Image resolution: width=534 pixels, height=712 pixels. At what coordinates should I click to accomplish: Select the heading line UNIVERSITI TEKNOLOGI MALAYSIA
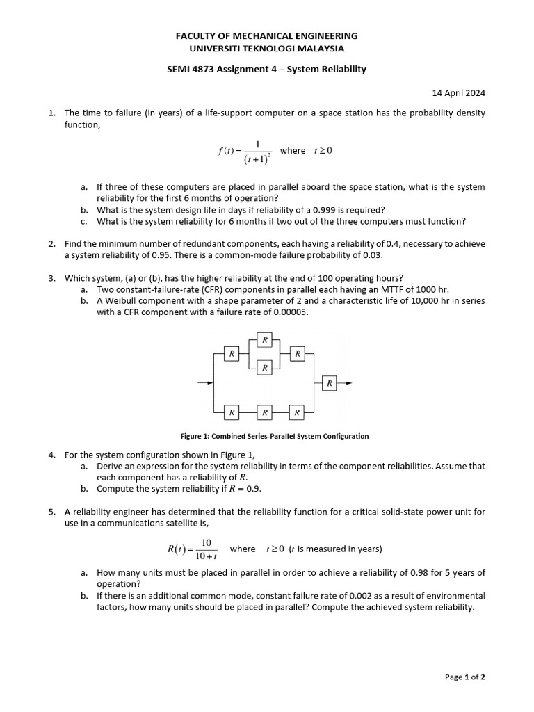pos(267,49)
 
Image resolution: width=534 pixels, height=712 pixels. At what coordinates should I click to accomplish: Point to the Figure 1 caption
pos(275,436)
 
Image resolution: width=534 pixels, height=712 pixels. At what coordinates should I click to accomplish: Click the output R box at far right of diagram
pos(330,383)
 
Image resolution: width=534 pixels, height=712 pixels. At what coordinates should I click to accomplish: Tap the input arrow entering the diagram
pos(205,383)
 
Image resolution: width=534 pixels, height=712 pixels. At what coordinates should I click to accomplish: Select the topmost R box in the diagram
pos(264,340)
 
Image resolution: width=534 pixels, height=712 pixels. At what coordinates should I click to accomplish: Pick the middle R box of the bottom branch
pos(264,412)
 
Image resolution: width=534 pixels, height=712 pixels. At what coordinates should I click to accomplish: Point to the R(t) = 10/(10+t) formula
pos(193,549)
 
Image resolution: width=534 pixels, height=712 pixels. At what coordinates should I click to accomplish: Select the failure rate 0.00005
pos(286,312)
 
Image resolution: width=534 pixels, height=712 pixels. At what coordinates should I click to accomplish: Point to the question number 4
pos(52,455)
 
